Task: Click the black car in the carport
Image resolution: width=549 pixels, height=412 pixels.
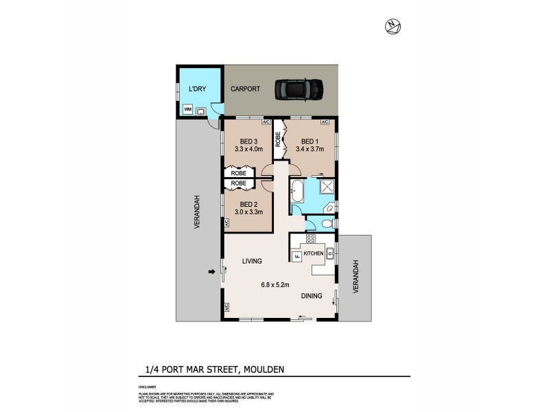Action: click(x=299, y=89)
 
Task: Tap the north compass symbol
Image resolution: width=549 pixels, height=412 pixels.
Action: click(x=393, y=26)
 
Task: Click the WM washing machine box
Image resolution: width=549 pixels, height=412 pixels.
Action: click(x=187, y=110)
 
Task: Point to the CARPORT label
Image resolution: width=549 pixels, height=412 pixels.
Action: click(x=245, y=89)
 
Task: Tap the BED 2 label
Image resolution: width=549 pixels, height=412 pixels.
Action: click(x=248, y=204)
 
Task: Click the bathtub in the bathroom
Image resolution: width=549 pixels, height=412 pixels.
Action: click(x=297, y=190)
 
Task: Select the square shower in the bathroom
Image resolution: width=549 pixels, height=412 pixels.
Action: click(x=327, y=186)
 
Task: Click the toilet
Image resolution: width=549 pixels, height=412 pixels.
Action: click(x=325, y=224)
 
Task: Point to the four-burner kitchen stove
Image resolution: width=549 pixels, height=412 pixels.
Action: click(x=310, y=239)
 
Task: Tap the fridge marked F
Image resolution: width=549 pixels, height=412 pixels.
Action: click(x=296, y=256)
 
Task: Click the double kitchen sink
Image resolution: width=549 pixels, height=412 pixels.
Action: click(x=330, y=253)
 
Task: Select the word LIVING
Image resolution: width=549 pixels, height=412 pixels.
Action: click(x=253, y=261)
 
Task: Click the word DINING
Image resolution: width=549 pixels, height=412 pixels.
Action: click(x=312, y=296)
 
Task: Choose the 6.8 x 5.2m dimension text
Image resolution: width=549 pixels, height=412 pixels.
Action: click(x=274, y=284)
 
